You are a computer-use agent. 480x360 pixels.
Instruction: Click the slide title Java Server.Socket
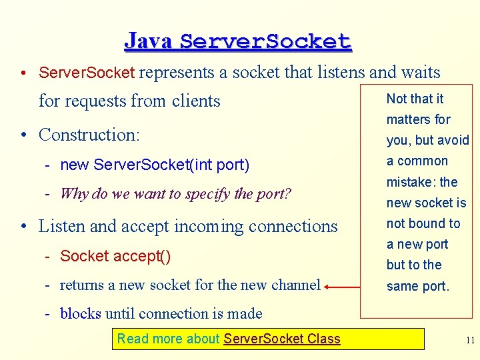coord(237,41)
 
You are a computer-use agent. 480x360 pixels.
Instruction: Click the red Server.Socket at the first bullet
coord(87,73)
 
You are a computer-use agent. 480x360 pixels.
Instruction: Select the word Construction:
coord(89,135)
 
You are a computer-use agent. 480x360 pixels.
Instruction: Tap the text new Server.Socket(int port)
coord(155,165)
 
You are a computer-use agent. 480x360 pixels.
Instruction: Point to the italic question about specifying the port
coord(175,194)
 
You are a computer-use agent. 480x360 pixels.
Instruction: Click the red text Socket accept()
coord(115,256)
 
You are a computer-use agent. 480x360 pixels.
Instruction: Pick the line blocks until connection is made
coord(161,313)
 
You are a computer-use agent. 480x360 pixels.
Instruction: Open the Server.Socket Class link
coord(282,339)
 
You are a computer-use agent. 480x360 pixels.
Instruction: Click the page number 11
coord(470,340)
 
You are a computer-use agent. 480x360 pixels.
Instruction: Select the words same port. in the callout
coord(418,286)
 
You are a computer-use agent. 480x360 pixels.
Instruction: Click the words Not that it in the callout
coord(415,99)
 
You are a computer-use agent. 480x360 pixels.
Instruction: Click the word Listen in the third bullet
coord(62,227)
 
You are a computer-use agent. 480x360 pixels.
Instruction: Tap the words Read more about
coord(169,339)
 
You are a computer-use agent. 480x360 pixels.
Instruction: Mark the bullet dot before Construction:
coord(23,135)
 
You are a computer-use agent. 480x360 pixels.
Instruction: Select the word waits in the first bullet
coord(420,73)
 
